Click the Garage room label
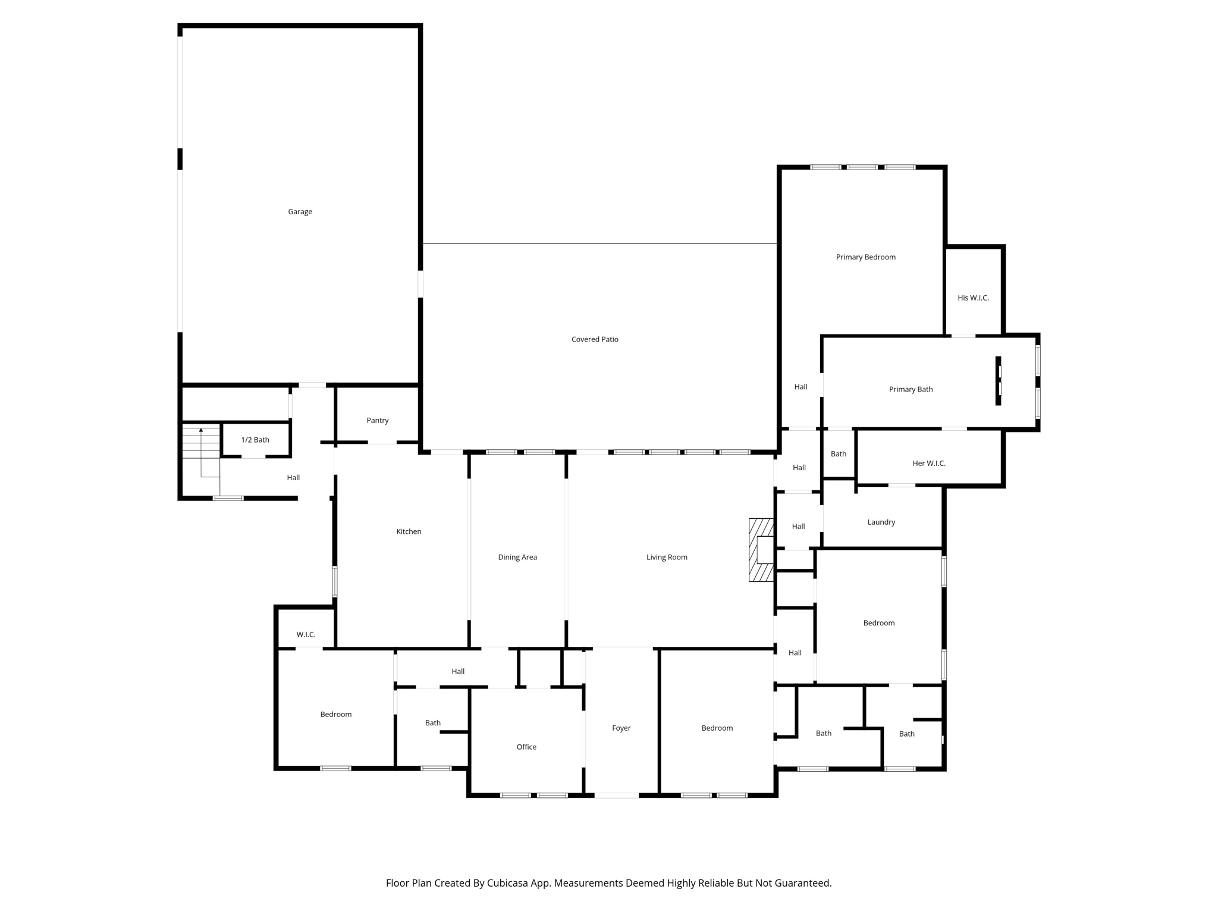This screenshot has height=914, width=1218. coord(300,212)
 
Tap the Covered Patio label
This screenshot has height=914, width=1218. coord(595,339)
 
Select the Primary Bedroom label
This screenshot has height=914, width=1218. coord(865,257)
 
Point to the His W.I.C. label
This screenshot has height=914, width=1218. coord(973,298)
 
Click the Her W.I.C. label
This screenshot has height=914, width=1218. coord(928,463)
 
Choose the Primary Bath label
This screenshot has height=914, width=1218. coord(911,389)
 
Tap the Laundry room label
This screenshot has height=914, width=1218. coord(881,522)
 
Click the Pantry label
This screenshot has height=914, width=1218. coord(377,421)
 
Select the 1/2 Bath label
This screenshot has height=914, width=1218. coord(255,440)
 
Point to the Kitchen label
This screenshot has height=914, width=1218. coord(409,531)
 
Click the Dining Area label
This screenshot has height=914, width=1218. coord(517,557)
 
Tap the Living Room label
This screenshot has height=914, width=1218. coord(667,557)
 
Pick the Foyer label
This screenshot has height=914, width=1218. coord(621,728)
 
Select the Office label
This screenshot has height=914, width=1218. coord(526,747)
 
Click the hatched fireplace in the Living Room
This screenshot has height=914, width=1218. coord(761,550)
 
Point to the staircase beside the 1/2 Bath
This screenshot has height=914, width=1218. coord(201,442)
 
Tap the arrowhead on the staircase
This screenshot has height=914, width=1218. coord(201,430)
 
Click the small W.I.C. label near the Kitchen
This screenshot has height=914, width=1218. coord(306,634)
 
